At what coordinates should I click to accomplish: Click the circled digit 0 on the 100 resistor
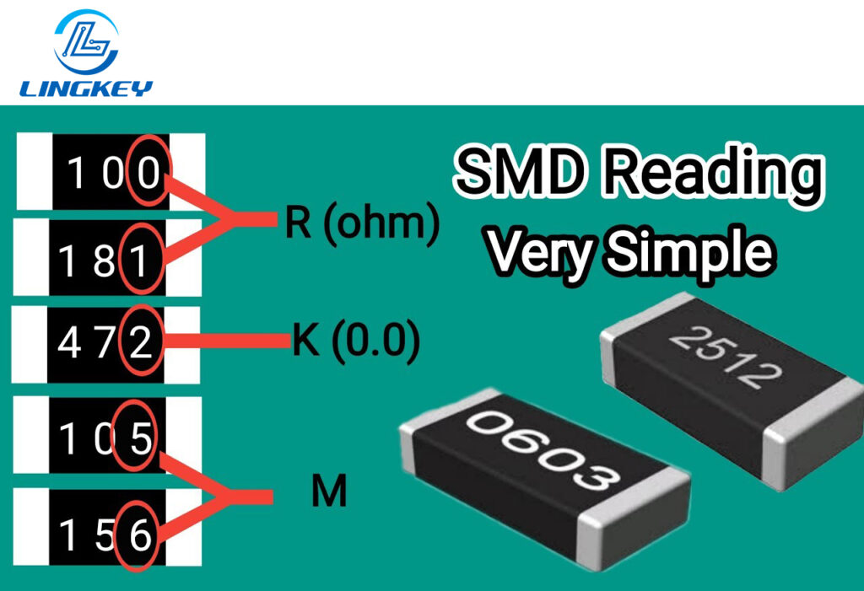[149, 174]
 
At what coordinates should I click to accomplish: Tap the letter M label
[329, 492]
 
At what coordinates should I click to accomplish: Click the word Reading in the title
[712, 175]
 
